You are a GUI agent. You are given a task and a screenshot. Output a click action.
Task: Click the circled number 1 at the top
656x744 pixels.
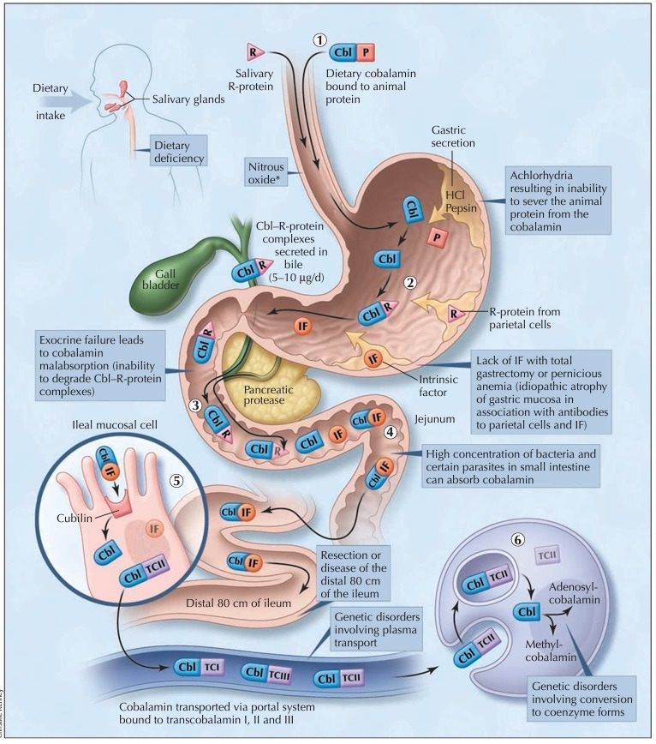click(320, 39)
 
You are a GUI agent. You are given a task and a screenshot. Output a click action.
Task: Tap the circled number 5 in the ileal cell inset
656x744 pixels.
click(176, 480)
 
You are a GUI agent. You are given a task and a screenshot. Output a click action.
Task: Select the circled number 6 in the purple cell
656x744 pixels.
click(518, 539)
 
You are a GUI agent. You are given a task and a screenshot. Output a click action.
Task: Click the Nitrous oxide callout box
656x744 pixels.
click(266, 173)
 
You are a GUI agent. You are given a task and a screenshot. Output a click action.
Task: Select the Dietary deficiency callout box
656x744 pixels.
click(179, 152)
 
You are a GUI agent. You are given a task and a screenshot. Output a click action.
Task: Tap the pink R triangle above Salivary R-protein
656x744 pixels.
click(255, 51)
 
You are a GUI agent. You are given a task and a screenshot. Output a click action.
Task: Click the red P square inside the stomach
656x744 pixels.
click(437, 237)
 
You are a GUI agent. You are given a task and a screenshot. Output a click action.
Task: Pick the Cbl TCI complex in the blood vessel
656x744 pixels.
click(199, 667)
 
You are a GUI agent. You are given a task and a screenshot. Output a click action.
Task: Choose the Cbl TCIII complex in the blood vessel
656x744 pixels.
click(266, 673)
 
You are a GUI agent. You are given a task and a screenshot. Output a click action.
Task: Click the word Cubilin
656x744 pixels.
click(75, 518)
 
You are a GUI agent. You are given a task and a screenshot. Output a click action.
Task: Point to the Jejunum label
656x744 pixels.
click(435, 419)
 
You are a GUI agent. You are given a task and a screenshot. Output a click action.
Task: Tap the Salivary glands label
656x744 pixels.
click(188, 99)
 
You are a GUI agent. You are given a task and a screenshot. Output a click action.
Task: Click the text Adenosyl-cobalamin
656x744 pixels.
click(575, 593)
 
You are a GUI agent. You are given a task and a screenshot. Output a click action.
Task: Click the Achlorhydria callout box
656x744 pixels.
click(558, 201)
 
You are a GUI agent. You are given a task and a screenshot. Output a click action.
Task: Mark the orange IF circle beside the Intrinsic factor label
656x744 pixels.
click(374, 358)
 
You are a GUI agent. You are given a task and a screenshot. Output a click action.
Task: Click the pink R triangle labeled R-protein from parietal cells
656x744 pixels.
click(455, 314)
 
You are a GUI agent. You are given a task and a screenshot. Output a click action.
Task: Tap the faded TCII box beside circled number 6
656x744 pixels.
click(546, 555)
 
